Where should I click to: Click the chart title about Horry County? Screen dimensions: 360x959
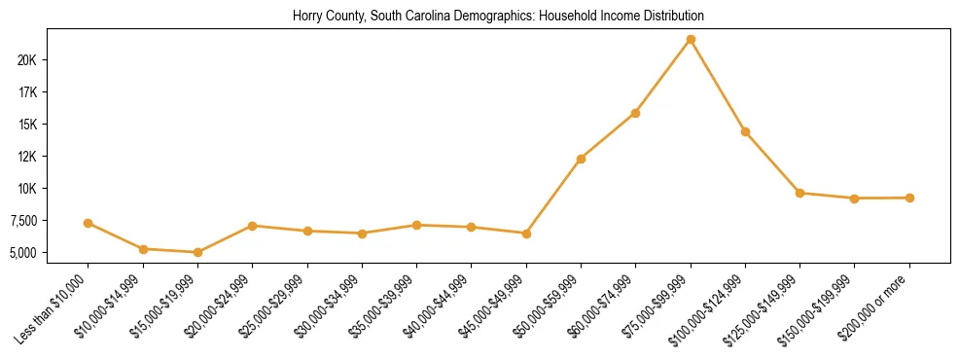pyautogui.click(x=498, y=17)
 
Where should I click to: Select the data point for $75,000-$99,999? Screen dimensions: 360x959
pyautogui.click(x=691, y=40)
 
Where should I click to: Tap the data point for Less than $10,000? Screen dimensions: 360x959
pyautogui.click(x=89, y=223)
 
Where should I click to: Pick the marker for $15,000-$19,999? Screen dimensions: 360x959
pyautogui.click(x=197, y=252)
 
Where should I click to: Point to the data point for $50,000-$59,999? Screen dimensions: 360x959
pyautogui.click(x=581, y=159)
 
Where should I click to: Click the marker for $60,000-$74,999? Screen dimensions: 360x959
pyautogui.click(x=635, y=113)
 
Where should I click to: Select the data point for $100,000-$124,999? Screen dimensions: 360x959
pyautogui.click(x=745, y=131)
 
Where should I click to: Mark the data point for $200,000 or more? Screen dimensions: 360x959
pyautogui.click(x=909, y=198)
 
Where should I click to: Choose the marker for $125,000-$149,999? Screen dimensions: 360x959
pyautogui.click(x=799, y=193)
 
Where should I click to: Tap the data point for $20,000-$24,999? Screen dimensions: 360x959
pyautogui.click(x=252, y=226)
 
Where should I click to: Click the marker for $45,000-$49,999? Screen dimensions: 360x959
pyautogui.click(x=526, y=234)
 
